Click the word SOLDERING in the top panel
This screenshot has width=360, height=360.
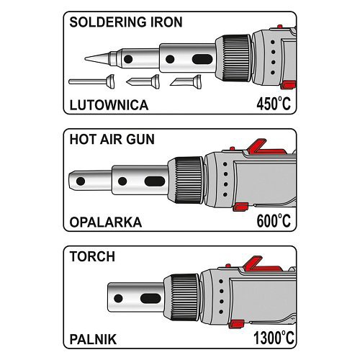(108, 22)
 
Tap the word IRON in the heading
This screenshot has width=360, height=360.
(166, 22)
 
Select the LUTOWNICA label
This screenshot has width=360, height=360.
(109, 105)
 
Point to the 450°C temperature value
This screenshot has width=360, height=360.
(274, 104)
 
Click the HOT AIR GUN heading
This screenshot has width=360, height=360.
(112, 139)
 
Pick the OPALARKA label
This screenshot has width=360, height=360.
(106, 222)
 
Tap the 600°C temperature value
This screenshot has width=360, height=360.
(274, 220)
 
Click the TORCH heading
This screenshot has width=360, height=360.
(92, 256)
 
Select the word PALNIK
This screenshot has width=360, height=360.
(93, 339)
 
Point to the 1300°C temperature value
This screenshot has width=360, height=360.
(274, 338)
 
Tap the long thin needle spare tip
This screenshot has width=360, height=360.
(91, 81)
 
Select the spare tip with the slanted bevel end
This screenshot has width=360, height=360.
(186, 81)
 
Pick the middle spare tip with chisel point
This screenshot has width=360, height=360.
(143, 81)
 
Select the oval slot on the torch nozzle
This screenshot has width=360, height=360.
(150, 298)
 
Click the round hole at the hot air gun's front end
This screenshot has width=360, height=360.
(81, 181)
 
